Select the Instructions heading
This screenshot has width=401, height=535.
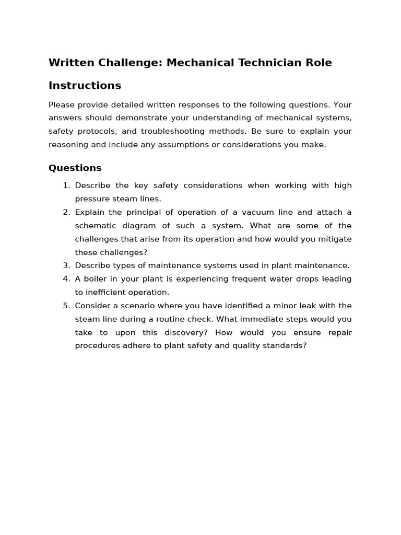tap(85, 85)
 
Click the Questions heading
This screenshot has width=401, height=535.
tap(75, 168)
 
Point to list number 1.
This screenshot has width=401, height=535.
tap(66, 185)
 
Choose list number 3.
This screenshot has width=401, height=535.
tap(66, 265)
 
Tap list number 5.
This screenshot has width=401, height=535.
tap(66, 306)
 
